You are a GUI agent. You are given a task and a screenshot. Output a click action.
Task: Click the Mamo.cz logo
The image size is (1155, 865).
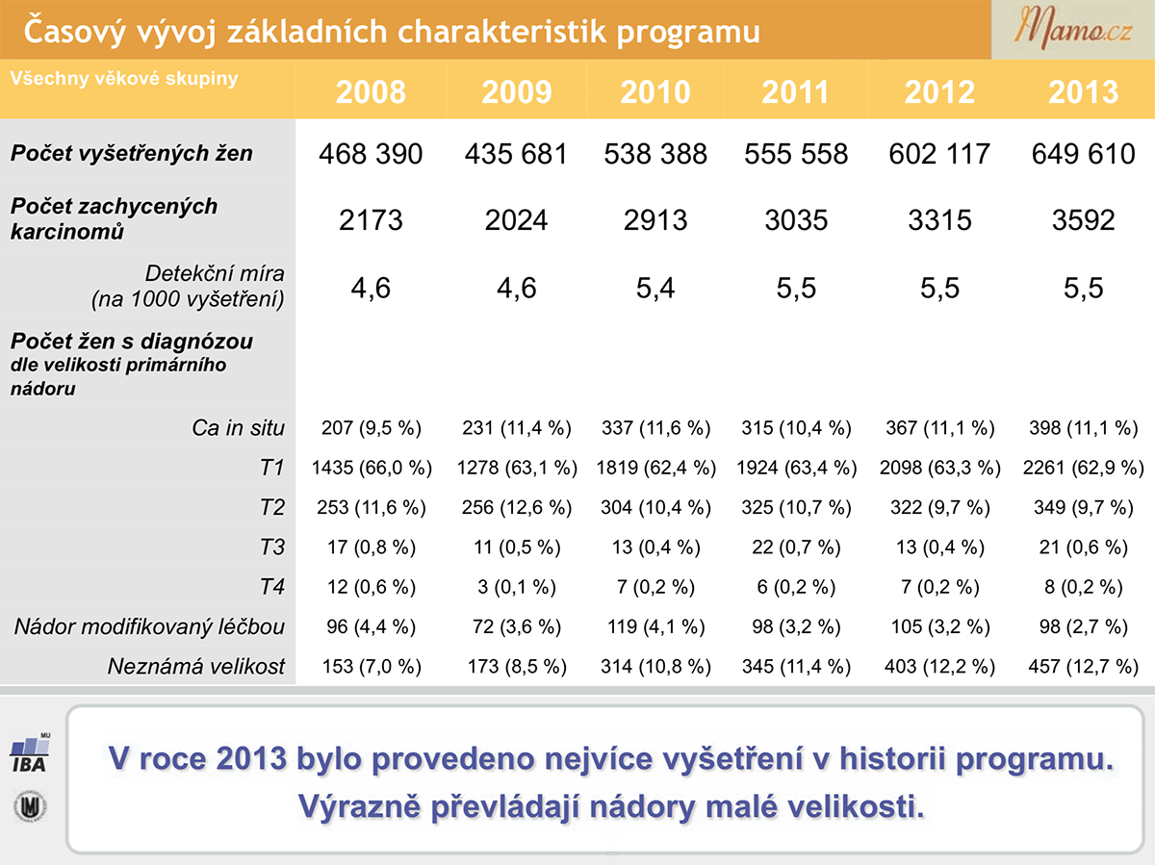(1073, 30)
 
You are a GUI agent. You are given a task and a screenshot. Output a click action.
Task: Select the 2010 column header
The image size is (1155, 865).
(655, 92)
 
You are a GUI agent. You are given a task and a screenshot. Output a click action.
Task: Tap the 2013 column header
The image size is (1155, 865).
(1083, 92)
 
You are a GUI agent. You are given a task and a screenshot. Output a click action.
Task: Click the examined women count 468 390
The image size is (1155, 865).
(371, 154)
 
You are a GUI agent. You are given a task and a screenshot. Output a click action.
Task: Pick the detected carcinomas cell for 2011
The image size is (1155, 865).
(796, 219)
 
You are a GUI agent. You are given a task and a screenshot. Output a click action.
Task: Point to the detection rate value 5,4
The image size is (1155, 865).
(655, 288)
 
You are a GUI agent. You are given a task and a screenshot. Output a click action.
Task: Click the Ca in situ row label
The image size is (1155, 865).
(239, 428)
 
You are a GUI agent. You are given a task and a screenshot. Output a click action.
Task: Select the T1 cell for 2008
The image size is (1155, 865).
(372, 468)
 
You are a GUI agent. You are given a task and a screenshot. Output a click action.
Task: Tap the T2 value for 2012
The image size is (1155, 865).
(939, 507)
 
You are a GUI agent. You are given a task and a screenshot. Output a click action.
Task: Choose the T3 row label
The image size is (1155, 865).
(272, 547)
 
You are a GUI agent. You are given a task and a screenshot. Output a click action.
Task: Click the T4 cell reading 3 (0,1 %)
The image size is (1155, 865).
(516, 587)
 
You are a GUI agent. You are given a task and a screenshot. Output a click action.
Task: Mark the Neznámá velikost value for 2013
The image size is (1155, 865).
(1083, 667)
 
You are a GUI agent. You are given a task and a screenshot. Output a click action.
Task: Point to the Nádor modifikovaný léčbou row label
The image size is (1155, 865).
(149, 626)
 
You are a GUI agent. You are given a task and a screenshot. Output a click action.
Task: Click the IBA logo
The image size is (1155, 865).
(30, 753)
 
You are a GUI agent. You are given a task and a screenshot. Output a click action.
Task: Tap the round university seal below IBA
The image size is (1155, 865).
(31, 806)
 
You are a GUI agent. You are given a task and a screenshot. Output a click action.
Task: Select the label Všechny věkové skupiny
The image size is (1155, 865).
(124, 78)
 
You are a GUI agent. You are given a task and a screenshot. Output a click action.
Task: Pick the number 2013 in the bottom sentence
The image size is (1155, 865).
(251, 758)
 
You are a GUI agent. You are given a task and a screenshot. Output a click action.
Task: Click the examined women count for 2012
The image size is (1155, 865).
(939, 154)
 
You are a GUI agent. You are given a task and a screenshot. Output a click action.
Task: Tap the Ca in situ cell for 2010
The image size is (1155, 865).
(655, 428)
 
